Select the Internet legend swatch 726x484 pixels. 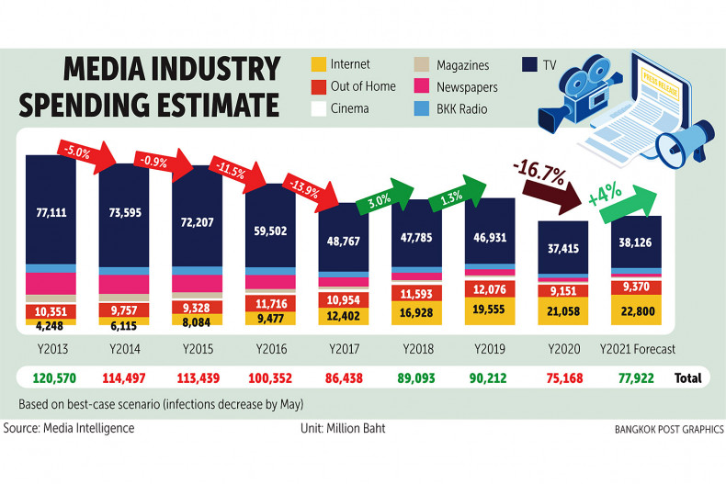(319, 66)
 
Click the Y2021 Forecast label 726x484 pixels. (637, 349)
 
